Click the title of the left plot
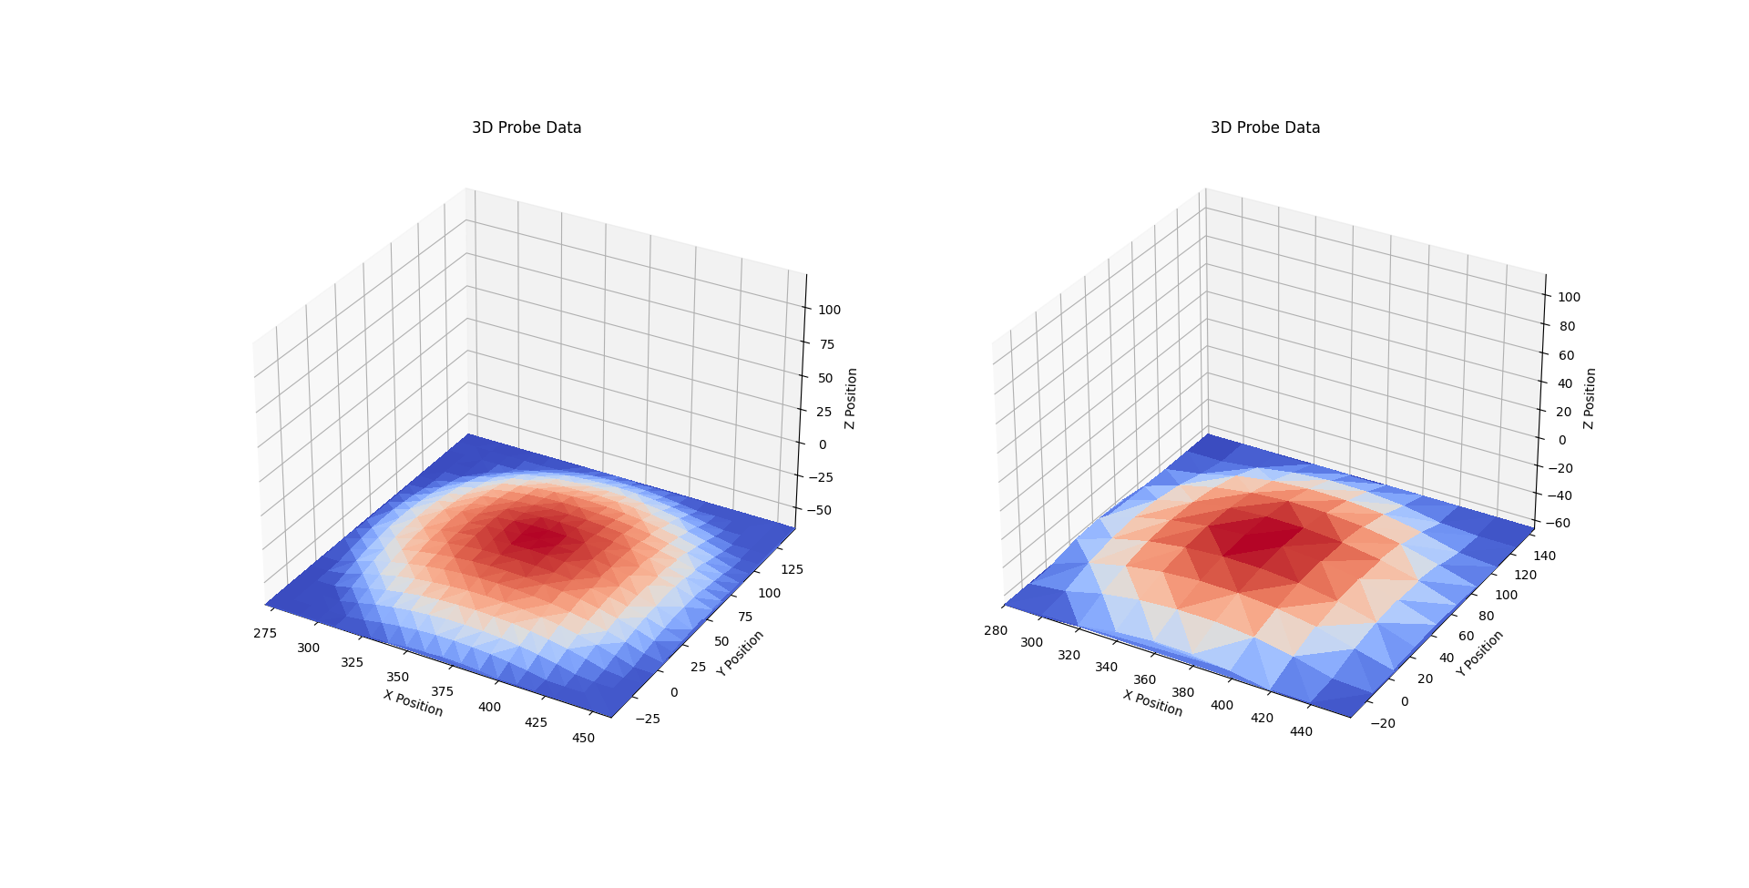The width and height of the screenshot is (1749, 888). [527, 128]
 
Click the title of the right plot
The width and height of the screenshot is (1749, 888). [1264, 128]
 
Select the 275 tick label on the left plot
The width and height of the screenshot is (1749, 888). [265, 633]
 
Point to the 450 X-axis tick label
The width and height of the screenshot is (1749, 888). [583, 738]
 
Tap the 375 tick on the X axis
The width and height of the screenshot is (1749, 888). [443, 692]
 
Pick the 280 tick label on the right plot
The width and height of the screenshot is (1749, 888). [996, 630]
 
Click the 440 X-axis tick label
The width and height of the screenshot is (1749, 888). [1301, 731]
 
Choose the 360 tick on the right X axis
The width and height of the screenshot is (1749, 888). [1144, 679]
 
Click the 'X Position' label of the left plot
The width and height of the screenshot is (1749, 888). [414, 703]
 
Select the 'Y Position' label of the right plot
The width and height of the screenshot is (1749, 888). [1479, 653]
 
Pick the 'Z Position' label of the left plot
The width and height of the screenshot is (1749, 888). [850, 399]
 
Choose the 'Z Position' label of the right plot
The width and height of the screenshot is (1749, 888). [1590, 399]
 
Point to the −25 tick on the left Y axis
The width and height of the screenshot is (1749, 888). [648, 719]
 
